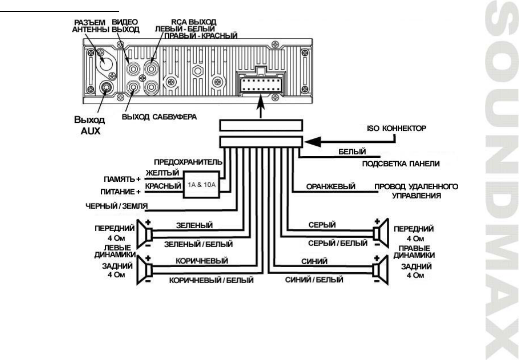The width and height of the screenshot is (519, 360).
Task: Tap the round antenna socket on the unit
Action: pos(106,63)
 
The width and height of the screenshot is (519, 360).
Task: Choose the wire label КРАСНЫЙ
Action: pos(162,186)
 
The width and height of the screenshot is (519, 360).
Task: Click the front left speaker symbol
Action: pos(148,232)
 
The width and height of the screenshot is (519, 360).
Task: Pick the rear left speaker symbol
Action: pos(148,269)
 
